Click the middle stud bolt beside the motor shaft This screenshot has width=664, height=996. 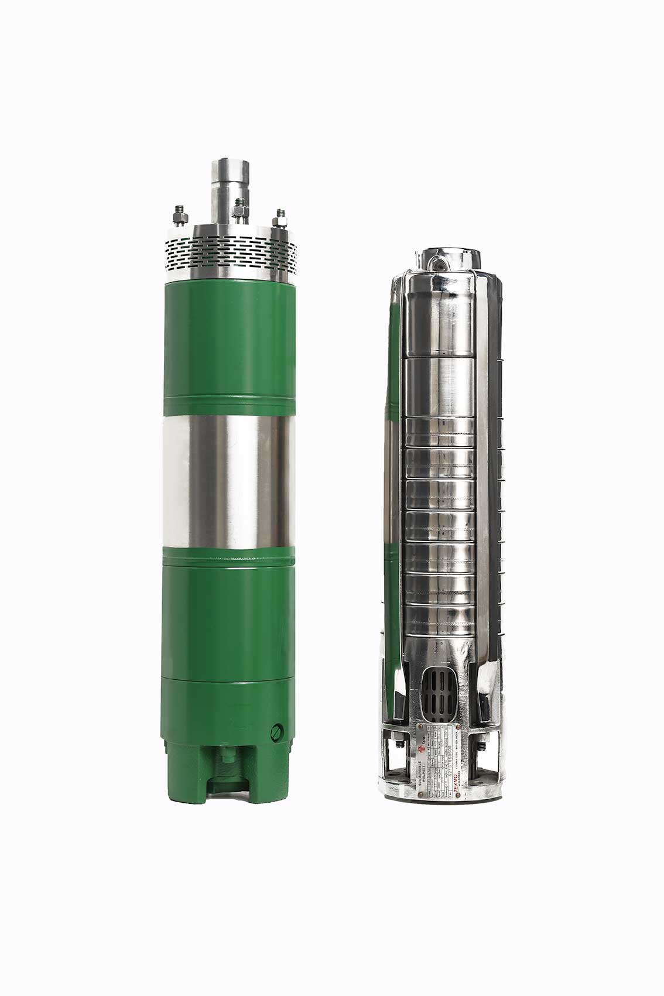point(239,211)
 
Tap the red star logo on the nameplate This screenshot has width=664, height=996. point(421,749)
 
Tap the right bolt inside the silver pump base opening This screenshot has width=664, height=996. point(481,746)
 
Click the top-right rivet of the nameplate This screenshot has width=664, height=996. point(458,727)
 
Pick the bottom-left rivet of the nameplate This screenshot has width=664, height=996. point(420,795)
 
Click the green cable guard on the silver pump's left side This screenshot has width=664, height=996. point(392,457)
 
